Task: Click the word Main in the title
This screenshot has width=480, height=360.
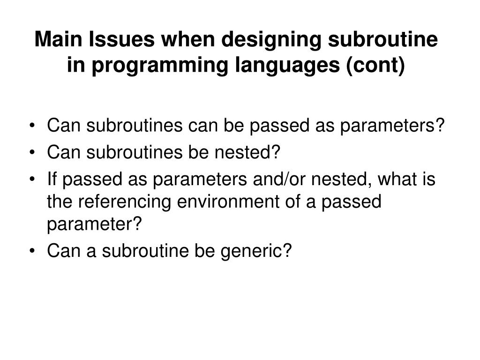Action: coord(56,40)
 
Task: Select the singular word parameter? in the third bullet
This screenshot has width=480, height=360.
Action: coord(94,225)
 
